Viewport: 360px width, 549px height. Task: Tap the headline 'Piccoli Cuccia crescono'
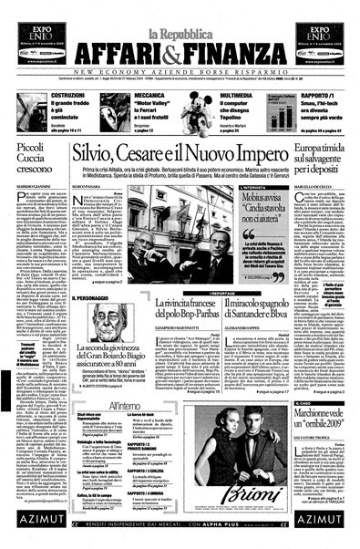37,155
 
